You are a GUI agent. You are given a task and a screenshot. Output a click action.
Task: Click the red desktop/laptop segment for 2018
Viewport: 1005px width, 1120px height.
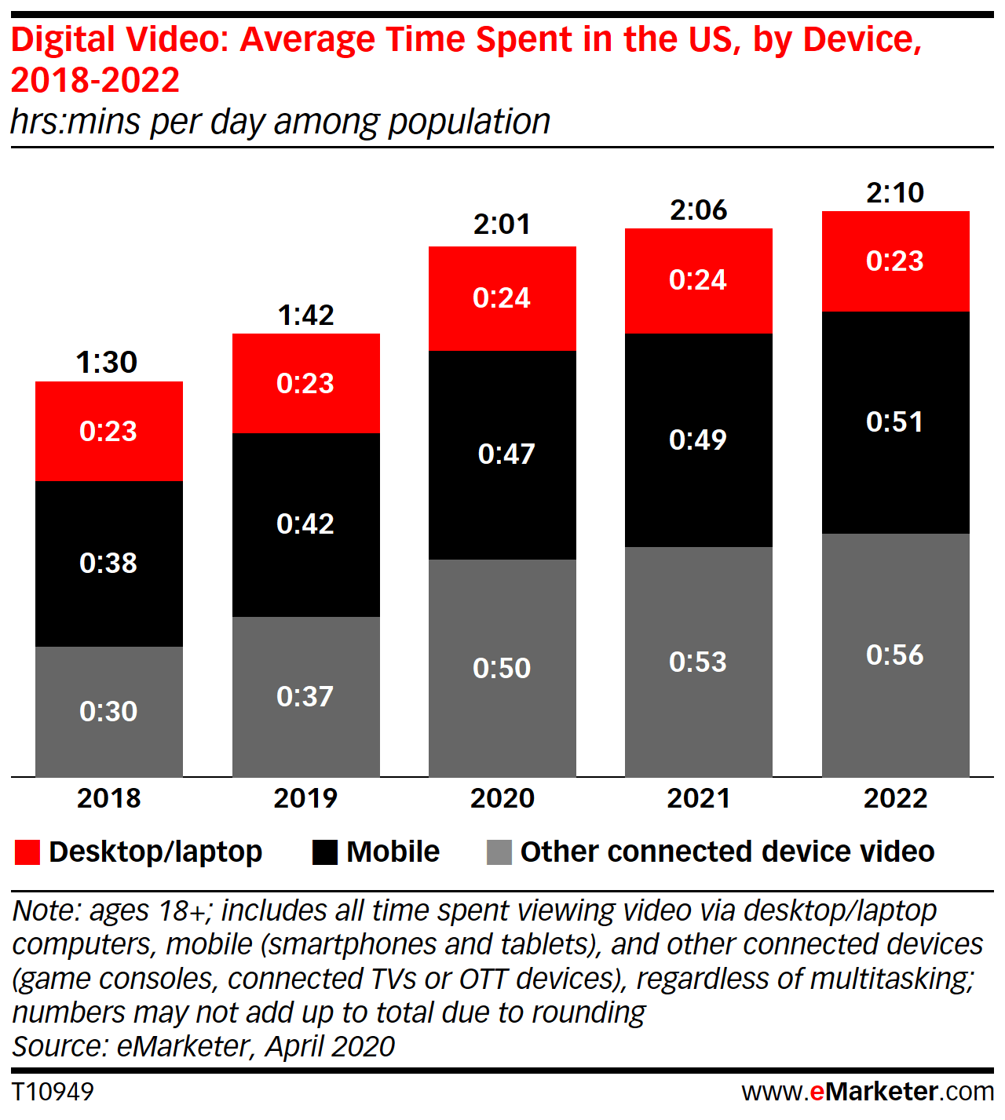(x=108, y=431)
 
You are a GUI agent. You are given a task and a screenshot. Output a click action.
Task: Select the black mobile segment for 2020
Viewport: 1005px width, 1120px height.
(x=502, y=454)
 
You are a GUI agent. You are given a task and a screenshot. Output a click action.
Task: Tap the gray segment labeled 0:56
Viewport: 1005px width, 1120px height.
(x=895, y=655)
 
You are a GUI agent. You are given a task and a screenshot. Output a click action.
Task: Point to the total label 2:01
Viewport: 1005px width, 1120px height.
(x=502, y=224)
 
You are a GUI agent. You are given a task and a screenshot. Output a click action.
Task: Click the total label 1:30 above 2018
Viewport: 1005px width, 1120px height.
(x=107, y=362)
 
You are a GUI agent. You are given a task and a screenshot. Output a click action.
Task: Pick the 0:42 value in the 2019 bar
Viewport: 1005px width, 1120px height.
(x=305, y=524)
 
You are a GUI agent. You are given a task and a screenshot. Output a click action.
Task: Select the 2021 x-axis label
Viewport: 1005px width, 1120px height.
(x=699, y=798)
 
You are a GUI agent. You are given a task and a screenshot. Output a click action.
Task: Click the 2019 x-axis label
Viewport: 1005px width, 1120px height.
(x=305, y=798)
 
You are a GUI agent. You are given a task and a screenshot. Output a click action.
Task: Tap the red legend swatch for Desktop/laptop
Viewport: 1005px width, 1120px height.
(x=27, y=852)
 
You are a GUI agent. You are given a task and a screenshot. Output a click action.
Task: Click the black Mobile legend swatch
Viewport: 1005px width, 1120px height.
(x=325, y=852)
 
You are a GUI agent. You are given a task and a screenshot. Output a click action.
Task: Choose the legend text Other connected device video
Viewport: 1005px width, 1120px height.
(x=727, y=852)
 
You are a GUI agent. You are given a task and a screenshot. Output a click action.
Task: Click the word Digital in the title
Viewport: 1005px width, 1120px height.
(x=64, y=40)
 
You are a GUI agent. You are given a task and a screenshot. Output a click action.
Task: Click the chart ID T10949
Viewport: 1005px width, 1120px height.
(x=53, y=1091)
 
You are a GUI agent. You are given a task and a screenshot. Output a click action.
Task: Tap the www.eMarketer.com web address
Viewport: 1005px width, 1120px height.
(x=868, y=1091)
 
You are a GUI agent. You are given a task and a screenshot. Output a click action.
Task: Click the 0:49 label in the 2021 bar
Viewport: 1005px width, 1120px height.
(x=698, y=440)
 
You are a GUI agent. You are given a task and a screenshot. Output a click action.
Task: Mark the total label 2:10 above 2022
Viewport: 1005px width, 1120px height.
(x=895, y=193)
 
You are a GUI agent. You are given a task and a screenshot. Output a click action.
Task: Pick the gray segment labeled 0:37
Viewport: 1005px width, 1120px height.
(x=305, y=696)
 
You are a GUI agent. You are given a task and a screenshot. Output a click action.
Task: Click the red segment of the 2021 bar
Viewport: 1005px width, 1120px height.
(x=698, y=280)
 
